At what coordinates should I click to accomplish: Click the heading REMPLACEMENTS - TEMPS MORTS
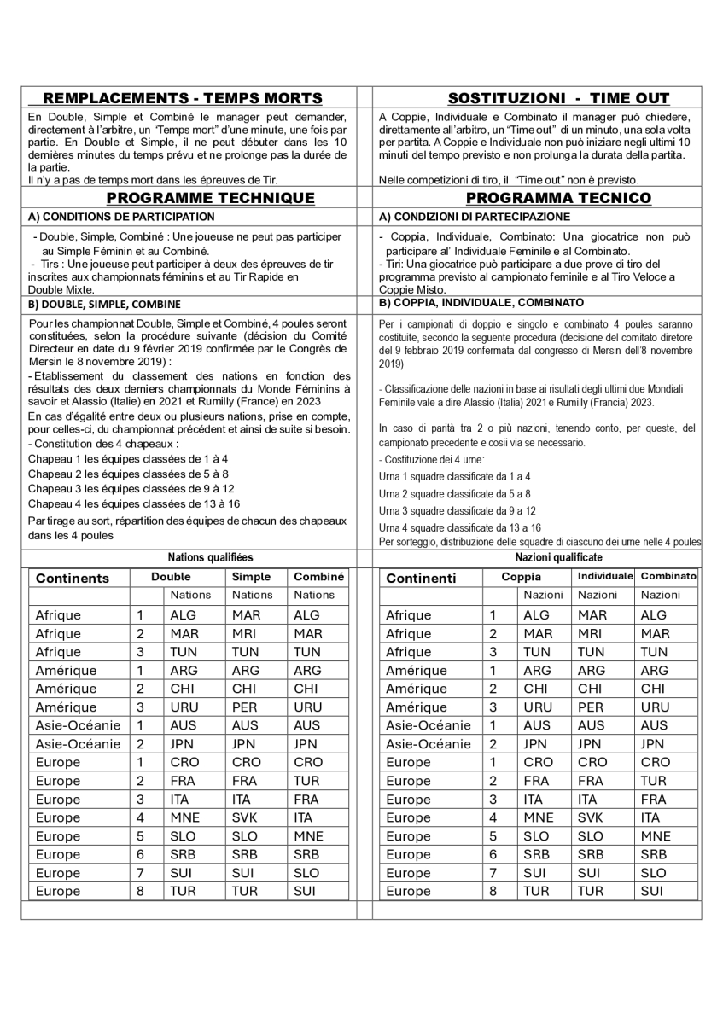(183, 98)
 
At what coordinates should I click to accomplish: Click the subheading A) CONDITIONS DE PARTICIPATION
(109, 218)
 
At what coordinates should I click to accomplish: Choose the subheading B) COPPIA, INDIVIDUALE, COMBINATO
(481, 302)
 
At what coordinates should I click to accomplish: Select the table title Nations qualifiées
(210, 557)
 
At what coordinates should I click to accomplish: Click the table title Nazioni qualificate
(558, 557)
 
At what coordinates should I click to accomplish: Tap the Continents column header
(73, 578)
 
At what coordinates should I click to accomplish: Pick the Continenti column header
(422, 578)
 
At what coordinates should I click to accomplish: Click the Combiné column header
(318, 577)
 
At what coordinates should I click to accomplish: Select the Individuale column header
(605, 577)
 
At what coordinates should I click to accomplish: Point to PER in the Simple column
(245, 707)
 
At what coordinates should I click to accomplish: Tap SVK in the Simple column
(245, 817)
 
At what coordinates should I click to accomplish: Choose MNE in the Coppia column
(538, 817)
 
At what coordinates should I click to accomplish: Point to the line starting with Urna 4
(460, 528)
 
